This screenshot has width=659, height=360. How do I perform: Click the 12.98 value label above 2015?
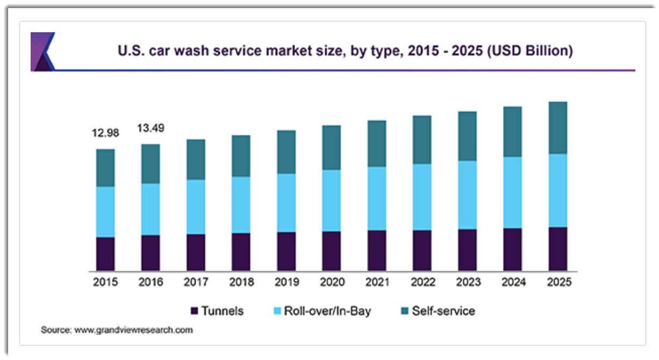pos(105,133)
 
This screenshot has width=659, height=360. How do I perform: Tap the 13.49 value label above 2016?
pos(151,128)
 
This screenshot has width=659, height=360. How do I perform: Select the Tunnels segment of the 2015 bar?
pos(105,254)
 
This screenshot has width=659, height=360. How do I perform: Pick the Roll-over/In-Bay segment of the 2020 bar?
pos(331,200)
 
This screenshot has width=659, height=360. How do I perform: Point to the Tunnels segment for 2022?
pos(422,250)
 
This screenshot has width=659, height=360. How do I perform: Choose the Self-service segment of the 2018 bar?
pos(241,156)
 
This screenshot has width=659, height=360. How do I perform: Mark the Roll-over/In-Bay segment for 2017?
pos(196,207)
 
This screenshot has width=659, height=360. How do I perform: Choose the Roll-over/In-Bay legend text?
pos(327,311)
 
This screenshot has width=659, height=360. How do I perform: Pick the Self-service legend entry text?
pos(443,311)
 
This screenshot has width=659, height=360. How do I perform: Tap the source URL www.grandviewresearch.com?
pos(133,330)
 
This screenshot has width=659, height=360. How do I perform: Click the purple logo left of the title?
pos(42,52)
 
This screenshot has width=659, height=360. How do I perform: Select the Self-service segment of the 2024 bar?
pos(512,132)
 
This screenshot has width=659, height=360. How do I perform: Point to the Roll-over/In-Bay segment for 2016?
pos(151,210)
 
